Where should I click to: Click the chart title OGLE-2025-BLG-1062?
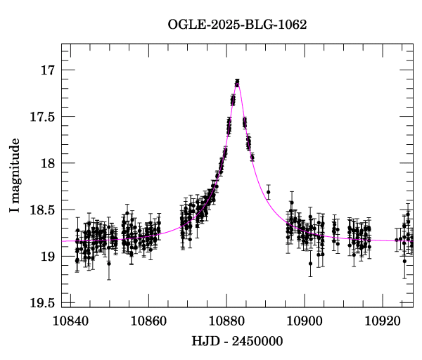click(237, 24)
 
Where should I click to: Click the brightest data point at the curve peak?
click(237, 82)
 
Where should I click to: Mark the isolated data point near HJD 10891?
click(269, 192)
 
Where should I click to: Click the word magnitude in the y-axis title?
click(15, 167)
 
